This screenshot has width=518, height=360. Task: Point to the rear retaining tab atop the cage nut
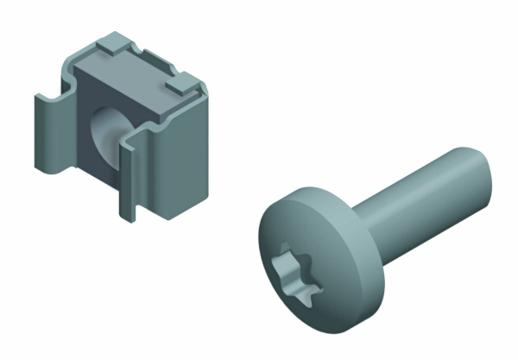[112, 41]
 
